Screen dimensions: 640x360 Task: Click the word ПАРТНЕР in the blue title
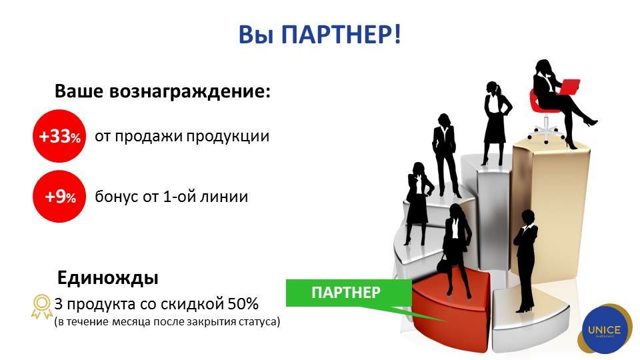[337, 34]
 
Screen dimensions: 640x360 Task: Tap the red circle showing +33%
[59, 136]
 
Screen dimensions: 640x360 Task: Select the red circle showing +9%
[59, 196]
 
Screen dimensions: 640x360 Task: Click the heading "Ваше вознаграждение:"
[163, 91]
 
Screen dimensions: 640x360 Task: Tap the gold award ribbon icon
[41, 307]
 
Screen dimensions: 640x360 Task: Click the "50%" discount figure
[243, 304]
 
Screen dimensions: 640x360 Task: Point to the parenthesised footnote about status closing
[167, 322]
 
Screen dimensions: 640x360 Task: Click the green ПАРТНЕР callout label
[346, 293]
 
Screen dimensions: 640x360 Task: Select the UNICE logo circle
[605, 330]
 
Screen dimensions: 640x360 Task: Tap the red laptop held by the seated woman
[569, 87]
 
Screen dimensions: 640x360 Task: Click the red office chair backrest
[534, 100]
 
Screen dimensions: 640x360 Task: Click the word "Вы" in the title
[256, 34]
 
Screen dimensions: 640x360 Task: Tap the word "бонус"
[116, 197]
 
